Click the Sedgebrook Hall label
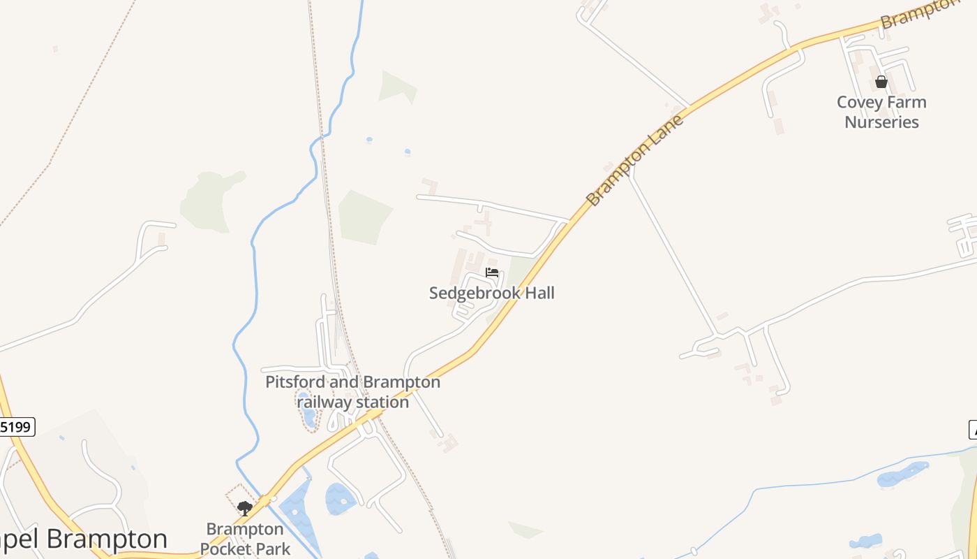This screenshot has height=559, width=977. (491, 293)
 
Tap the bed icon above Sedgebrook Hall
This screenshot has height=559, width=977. (492, 273)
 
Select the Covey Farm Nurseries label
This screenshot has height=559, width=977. (881, 112)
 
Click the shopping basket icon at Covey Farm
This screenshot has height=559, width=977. (881, 82)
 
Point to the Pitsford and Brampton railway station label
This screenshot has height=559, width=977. (352, 392)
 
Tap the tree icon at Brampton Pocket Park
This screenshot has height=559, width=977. (244, 508)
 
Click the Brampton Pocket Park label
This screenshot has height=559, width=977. (245, 539)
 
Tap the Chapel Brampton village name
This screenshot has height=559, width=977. (84, 539)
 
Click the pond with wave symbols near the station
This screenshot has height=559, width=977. (341, 499)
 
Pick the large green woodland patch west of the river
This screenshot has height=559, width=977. (209, 201)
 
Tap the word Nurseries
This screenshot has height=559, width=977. (881, 122)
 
